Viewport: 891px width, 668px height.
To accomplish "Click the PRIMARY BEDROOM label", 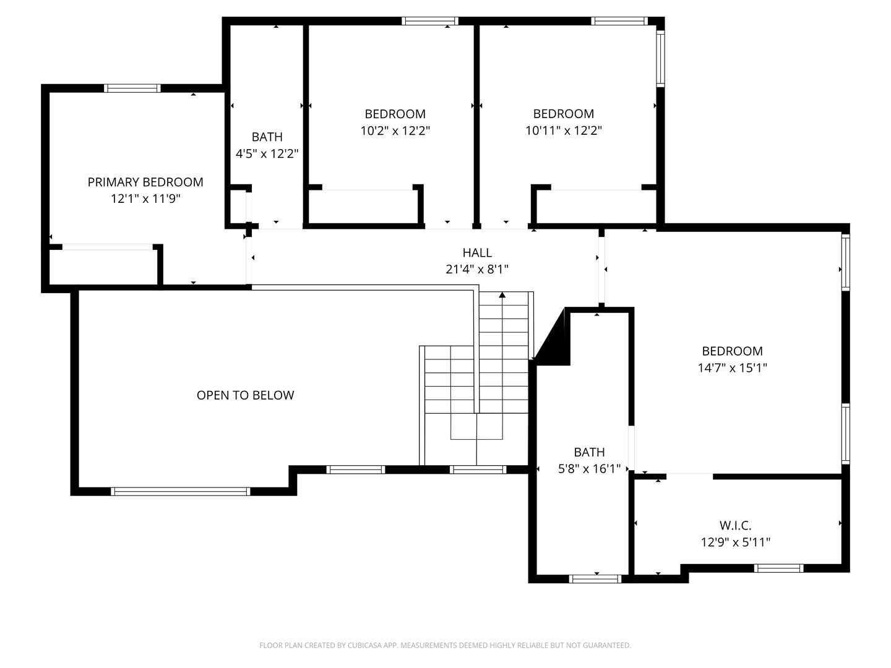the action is [x=145, y=182].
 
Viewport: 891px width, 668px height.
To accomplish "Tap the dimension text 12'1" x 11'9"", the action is [x=146, y=199].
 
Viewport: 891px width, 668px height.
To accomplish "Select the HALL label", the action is [x=477, y=253].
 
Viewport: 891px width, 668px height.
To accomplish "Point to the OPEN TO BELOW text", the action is [x=245, y=395].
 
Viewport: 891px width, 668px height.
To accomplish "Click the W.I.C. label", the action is [x=735, y=526].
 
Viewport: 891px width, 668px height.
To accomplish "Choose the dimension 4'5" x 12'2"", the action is [x=267, y=154].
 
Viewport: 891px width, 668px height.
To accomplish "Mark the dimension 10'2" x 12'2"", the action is [x=395, y=131].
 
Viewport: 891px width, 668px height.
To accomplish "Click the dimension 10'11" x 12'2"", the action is [x=564, y=131].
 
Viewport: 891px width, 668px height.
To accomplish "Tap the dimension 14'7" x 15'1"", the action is [x=732, y=368].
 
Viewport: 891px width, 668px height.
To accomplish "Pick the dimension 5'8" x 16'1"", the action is [x=590, y=469].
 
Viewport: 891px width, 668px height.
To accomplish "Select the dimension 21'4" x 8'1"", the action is [x=477, y=269].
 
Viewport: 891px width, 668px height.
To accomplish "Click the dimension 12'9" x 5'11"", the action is [x=736, y=542].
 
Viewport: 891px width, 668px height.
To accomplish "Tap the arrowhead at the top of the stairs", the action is [x=502, y=295].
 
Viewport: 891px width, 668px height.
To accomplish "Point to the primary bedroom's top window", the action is [x=132, y=88].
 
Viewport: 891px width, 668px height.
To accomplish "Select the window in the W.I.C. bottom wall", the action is [x=778, y=568].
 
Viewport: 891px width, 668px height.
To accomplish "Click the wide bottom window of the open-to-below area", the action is [x=181, y=492].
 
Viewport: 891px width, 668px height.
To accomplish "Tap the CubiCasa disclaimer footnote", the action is [x=445, y=645].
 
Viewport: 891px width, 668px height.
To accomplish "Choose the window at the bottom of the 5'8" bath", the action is [x=595, y=579].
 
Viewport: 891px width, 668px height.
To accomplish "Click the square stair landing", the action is [x=476, y=426].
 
